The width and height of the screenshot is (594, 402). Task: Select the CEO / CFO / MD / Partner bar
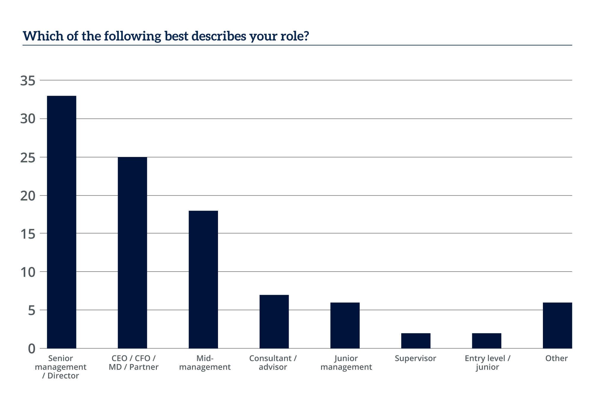pyautogui.click(x=132, y=253)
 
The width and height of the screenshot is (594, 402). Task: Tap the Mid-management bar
pyautogui.click(x=203, y=279)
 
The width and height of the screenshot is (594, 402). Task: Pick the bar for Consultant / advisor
pyautogui.click(x=274, y=321)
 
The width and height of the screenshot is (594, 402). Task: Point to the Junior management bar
pyautogui.click(x=345, y=325)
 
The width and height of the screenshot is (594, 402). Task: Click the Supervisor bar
pyautogui.click(x=416, y=341)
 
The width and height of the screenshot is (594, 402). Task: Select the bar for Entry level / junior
pyautogui.click(x=486, y=341)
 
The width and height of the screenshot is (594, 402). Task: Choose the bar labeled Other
pyautogui.click(x=557, y=325)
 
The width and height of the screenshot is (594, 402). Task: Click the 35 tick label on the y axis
pyautogui.click(x=28, y=81)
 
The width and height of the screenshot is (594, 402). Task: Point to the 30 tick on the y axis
pyautogui.click(x=28, y=119)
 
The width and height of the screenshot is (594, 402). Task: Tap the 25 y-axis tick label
pyautogui.click(x=28, y=157)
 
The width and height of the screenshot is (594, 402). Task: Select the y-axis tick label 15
pyautogui.click(x=28, y=234)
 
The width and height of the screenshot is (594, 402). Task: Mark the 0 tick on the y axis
pyautogui.click(x=31, y=349)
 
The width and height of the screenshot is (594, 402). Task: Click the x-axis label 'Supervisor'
pyautogui.click(x=416, y=358)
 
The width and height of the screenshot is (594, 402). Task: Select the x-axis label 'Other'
pyautogui.click(x=557, y=358)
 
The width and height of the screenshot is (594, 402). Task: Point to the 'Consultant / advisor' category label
pyautogui.click(x=273, y=362)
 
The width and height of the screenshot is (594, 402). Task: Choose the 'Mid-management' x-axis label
pyautogui.click(x=205, y=362)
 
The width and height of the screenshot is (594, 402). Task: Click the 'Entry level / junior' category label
pyautogui.click(x=487, y=362)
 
